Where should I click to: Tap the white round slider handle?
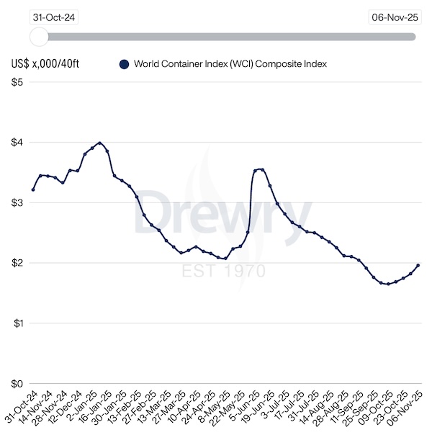tap(39, 36)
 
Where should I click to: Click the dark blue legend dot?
tap(124, 64)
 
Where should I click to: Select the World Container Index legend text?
tap(230, 64)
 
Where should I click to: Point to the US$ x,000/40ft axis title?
tap(45, 64)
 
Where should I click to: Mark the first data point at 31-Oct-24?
tap(33, 189)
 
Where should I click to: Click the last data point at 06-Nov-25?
tap(418, 266)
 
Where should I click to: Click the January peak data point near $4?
tap(99, 143)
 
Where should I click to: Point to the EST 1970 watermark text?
tap(223, 272)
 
